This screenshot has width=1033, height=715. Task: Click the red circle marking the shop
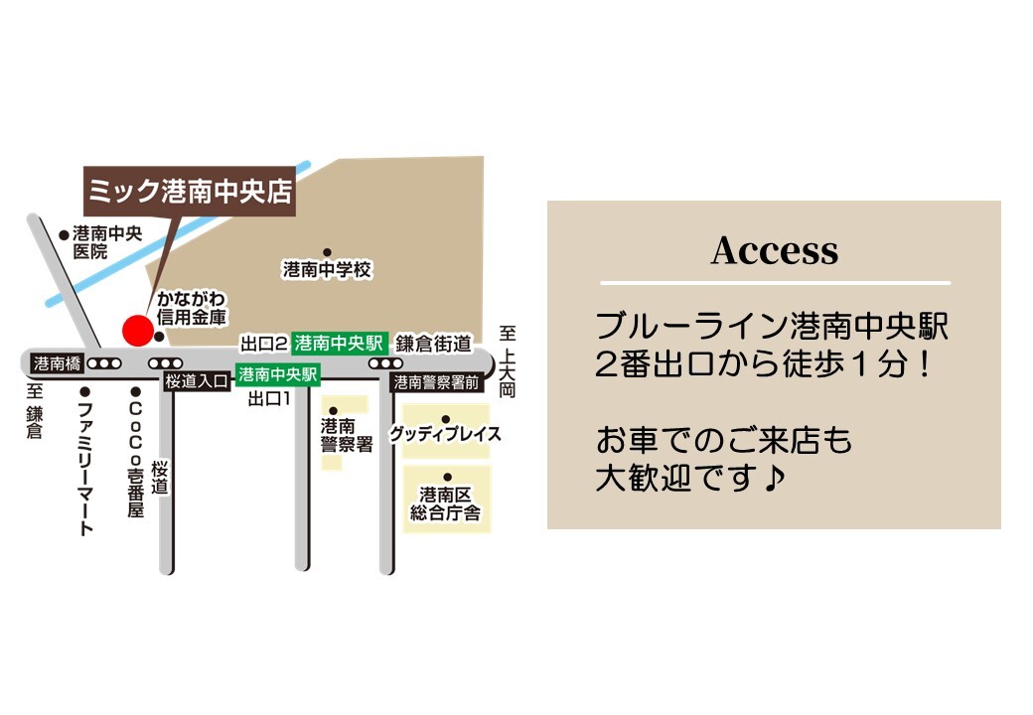136,330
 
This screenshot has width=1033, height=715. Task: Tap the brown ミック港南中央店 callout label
190,188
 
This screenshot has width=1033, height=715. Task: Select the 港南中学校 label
327,269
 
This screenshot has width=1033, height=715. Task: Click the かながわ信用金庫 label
191,309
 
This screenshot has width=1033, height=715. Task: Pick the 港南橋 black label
57,362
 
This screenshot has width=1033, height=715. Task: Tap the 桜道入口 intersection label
197,380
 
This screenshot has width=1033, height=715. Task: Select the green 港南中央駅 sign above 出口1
277,375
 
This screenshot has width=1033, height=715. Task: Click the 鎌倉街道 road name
433,344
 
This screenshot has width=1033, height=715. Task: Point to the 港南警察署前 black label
437,381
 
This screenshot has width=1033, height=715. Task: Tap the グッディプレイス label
445,435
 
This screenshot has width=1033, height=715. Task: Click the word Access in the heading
774,251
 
